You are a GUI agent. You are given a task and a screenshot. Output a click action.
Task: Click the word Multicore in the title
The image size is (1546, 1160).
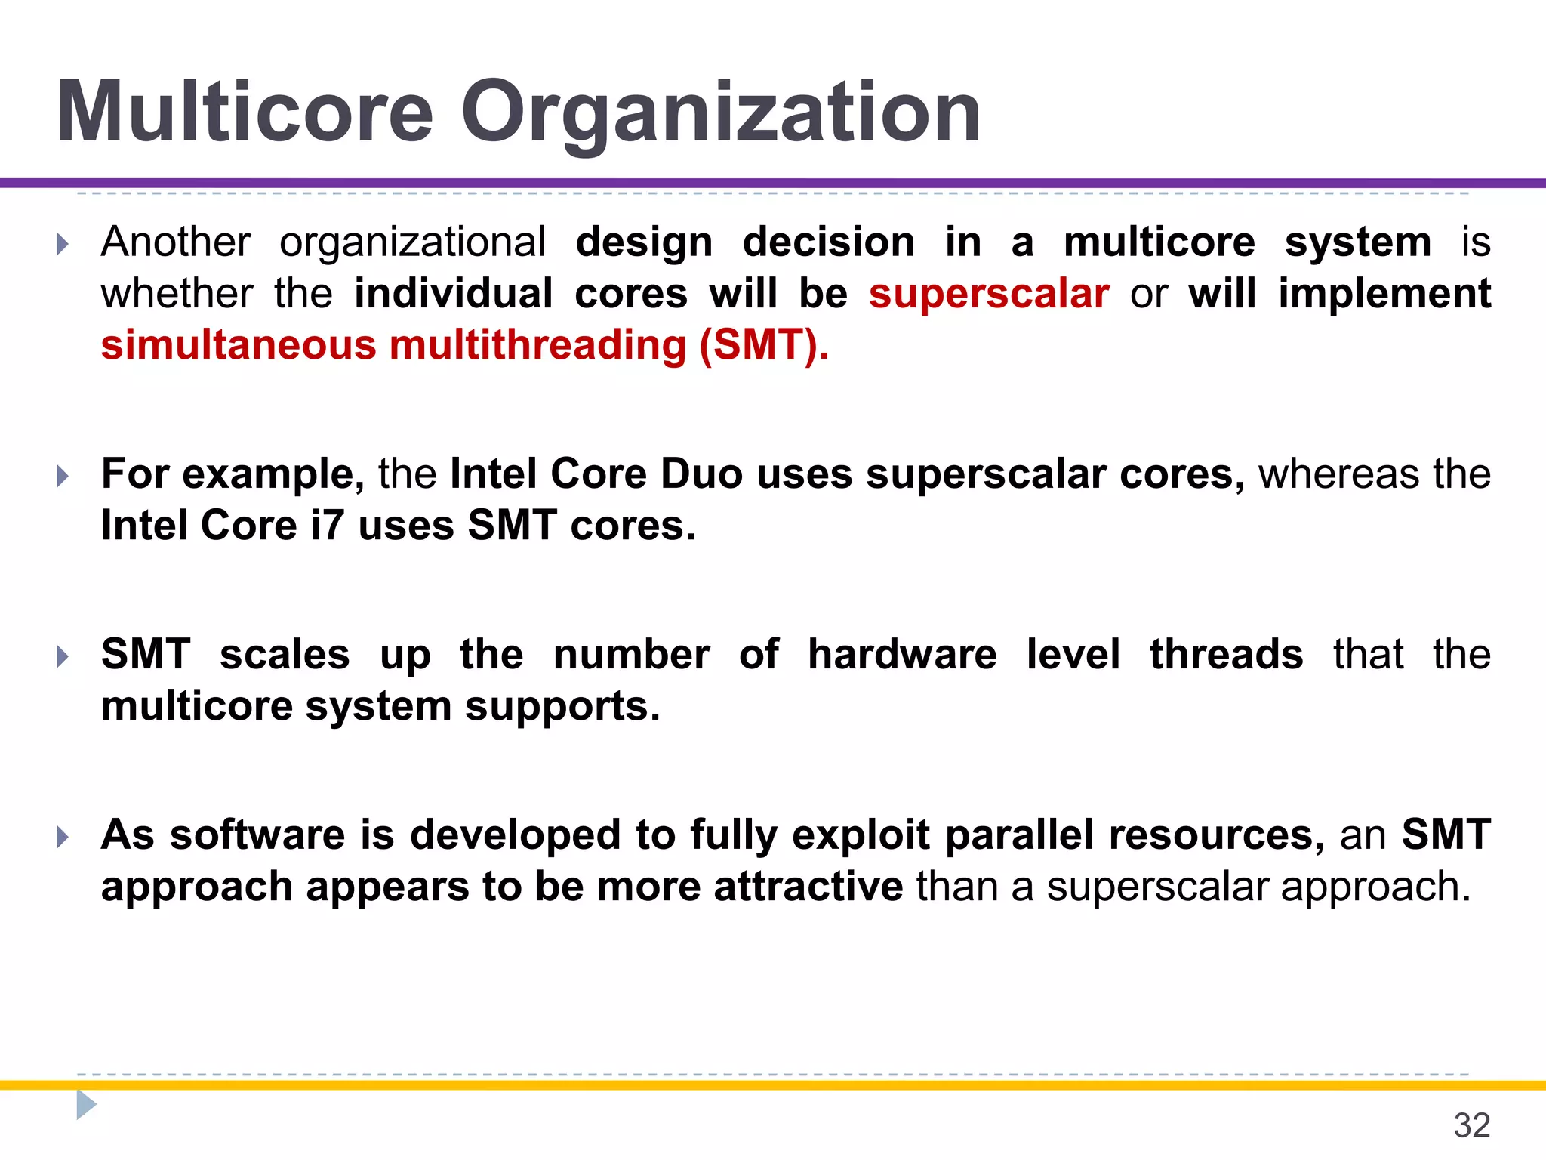245,113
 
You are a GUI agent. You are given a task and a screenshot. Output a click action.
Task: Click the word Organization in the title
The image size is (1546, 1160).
721,113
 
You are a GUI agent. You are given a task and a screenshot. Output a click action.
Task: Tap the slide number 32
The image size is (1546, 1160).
1471,1126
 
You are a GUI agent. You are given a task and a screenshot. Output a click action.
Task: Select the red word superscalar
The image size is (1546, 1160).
988,294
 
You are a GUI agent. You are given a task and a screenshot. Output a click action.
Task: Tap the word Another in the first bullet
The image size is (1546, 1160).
176,242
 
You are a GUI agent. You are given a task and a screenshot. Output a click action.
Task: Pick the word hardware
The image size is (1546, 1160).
901,654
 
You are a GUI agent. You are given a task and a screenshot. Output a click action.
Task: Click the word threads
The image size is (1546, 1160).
1226,654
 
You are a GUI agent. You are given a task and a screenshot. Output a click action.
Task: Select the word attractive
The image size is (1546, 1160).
808,887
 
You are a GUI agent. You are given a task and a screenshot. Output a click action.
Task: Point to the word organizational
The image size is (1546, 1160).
413,242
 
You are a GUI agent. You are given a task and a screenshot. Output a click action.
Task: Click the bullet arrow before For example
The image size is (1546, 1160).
63,476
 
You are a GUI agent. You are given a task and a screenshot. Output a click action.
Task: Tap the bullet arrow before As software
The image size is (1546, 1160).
63,837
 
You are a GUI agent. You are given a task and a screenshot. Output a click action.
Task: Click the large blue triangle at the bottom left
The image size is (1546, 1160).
86,1105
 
